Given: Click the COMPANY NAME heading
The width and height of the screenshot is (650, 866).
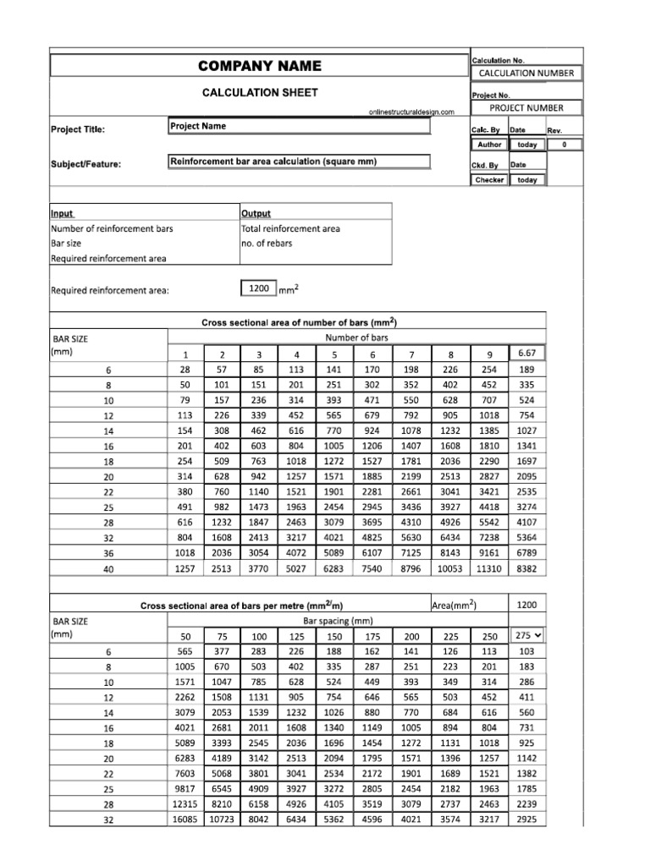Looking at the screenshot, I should click(x=259, y=66).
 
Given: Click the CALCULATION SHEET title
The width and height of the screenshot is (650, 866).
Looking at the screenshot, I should click(x=259, y=92).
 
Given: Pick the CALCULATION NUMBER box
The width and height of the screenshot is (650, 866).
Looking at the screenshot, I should click(x=526, y=73).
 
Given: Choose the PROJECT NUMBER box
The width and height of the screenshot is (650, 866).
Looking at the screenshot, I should click(x=526, y=107).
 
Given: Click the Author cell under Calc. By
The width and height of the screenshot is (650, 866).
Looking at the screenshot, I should click(x=489, y=145).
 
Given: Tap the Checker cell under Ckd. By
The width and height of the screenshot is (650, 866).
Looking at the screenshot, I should click(x=489, y=180).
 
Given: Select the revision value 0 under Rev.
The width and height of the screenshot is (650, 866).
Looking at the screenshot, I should click(x=563, y=145).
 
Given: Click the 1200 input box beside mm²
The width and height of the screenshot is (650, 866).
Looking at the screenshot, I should click(x=258, y=289).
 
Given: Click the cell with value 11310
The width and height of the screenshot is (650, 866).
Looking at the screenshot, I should click(x=491, y=569).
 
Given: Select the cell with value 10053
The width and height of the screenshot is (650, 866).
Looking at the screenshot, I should click(x=450, y=569).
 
